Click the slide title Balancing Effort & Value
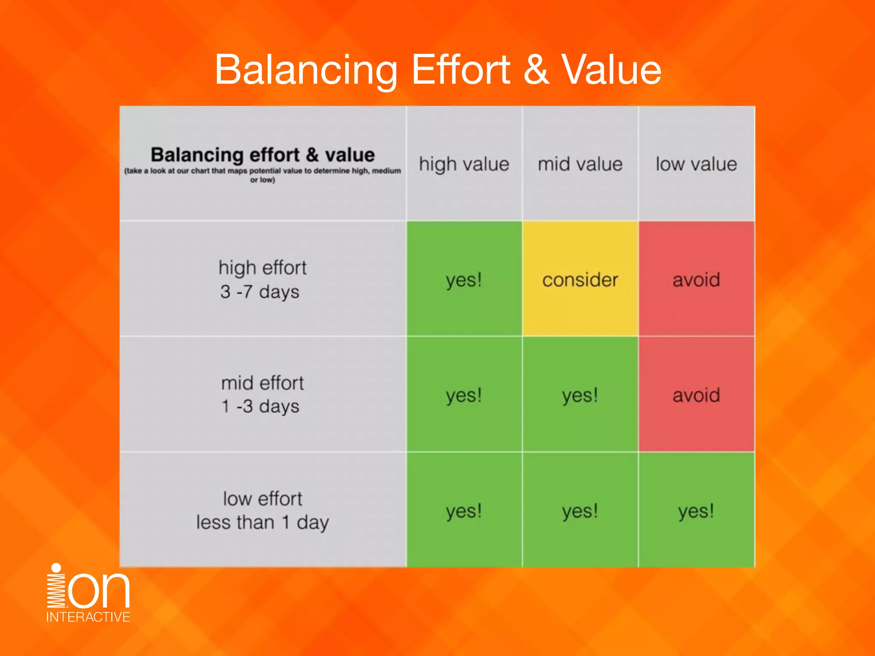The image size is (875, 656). click(437, 70)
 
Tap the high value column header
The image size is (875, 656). click(464, 164)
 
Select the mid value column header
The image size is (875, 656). click(580, 164)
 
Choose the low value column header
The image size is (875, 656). click(696, 164)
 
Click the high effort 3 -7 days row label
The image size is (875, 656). click(262, 279)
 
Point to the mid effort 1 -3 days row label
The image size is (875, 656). click(262, 395)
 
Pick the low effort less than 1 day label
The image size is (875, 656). click(262, 510)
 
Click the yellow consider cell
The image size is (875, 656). click(580, 280)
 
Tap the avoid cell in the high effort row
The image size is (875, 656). click(696, 280)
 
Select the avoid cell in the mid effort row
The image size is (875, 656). click(696, 395)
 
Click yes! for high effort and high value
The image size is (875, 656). click(464, 280)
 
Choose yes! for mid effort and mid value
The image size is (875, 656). click(580, 395)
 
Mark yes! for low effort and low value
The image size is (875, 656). click(696, 511)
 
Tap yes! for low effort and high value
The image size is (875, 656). click(464, 511)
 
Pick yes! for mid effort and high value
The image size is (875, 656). click(464, 395)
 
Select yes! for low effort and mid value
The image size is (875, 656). click(580, 511)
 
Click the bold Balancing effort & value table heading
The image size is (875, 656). click(262, 155)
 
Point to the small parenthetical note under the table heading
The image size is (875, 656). click(262, 175)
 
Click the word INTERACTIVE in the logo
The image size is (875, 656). click(88, 617)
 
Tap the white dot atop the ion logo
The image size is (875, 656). click(56, 568)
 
